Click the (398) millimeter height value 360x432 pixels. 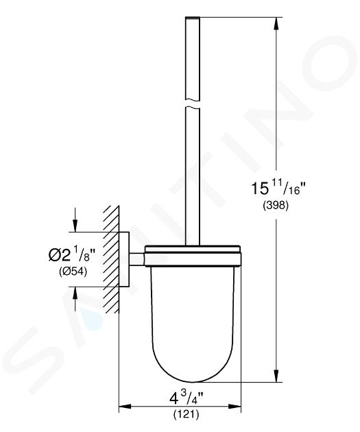click(x=276, y=205)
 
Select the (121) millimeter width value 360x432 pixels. click(x=186, y=413)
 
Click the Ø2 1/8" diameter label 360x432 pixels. click(x=71, y=255)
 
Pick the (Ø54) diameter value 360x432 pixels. click(x=73, y=272)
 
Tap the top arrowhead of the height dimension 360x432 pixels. click(x=276, y=24)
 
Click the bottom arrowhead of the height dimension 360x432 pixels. click(x=276, y=375)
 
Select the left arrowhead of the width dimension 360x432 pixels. click(x=125, y=407)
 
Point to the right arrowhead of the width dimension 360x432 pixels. click(x=235, y=407)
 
